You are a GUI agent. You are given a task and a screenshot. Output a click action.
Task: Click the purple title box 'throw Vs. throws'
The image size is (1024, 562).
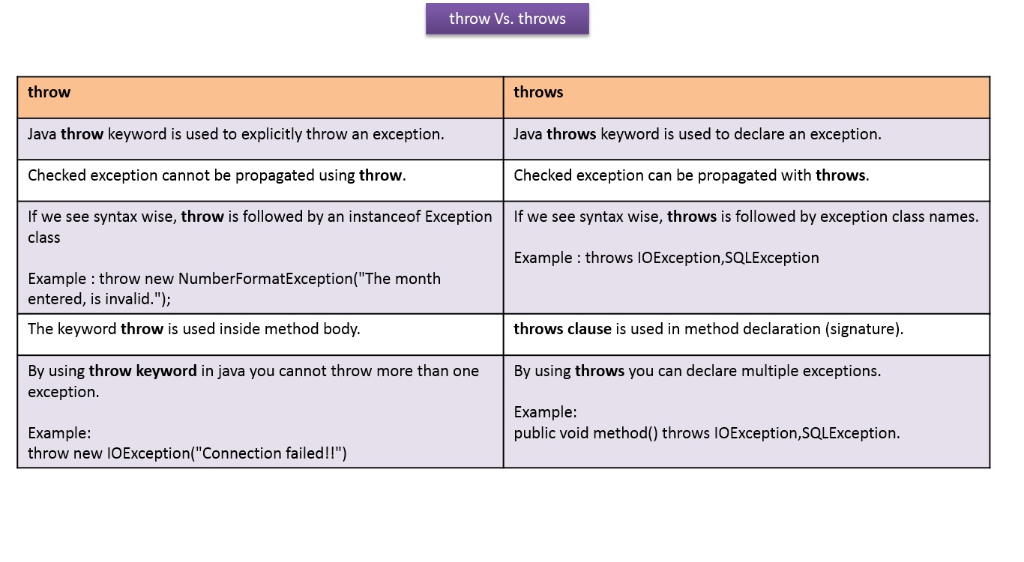508,19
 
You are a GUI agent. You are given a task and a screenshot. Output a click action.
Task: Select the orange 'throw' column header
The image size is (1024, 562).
49,92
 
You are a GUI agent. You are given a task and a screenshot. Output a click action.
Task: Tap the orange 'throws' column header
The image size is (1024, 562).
538,92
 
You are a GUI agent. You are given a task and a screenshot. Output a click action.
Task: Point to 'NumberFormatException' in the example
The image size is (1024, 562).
265,279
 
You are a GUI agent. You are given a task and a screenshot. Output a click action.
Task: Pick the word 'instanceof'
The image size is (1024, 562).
382,217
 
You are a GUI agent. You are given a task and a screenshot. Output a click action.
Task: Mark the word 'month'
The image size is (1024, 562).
418,279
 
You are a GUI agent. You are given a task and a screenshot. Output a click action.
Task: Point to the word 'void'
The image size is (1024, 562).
573,433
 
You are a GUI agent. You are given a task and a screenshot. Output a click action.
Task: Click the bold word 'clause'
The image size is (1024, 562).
588,329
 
